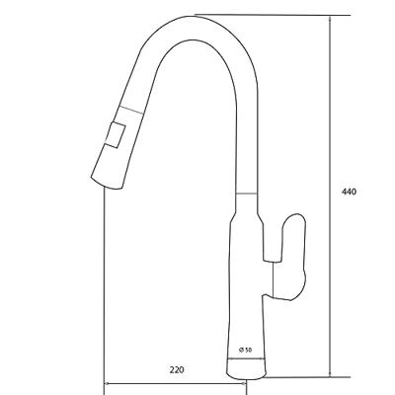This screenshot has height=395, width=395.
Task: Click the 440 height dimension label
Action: click(x=349, y=192)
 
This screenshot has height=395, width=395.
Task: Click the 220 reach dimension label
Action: click(x=177, y=369)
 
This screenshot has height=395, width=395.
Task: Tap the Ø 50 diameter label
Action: click(x=245, y=350)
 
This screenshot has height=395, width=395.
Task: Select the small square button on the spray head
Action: click(x=116, y=134)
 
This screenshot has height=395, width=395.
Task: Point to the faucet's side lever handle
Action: click(x=293, y=257)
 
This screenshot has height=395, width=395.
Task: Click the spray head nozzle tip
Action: click(x=107, y=184)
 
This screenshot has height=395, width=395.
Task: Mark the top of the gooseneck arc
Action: click(x=195, y=16)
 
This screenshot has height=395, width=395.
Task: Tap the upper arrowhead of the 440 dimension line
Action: click(x=330, y=19)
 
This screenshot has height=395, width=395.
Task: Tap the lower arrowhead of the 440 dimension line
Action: click(x=330, y=373)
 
